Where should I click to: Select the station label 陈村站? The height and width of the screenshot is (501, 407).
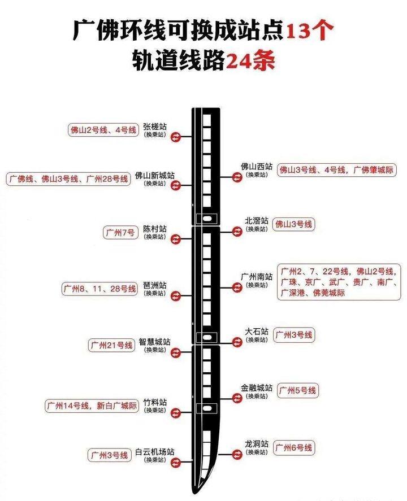(x=155, y=229)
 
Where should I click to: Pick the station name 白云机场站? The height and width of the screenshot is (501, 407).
(x=155, y=452)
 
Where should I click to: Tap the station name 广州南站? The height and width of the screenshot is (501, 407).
(x=257, y=277)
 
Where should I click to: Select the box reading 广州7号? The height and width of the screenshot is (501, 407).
(x=120, y=233)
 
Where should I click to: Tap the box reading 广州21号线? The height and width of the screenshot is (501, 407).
(x=111, y=345)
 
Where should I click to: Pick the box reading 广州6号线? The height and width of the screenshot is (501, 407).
(x=294, y=448)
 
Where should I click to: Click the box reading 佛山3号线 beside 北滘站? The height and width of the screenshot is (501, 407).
(x=294, y=224)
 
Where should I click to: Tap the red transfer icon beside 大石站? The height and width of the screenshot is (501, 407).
(x=236, y=341)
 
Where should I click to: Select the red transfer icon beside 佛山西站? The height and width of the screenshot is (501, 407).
(x=236, y=177)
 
